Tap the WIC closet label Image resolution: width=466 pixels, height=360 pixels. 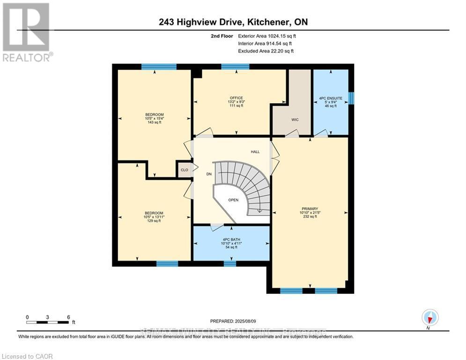tap(295, 120)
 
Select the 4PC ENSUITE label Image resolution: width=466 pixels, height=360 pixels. tap(331, 98)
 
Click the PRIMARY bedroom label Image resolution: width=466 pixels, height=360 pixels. tap(310, 209)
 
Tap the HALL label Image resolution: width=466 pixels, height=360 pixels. tap(255, 152)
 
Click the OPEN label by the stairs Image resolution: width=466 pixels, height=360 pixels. tap(233, 200)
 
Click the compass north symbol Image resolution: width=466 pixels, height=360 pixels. tap(429, 318)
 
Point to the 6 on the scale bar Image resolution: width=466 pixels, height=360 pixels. tap(68, 317)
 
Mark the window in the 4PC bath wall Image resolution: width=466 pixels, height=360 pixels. tap(229, 263)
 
